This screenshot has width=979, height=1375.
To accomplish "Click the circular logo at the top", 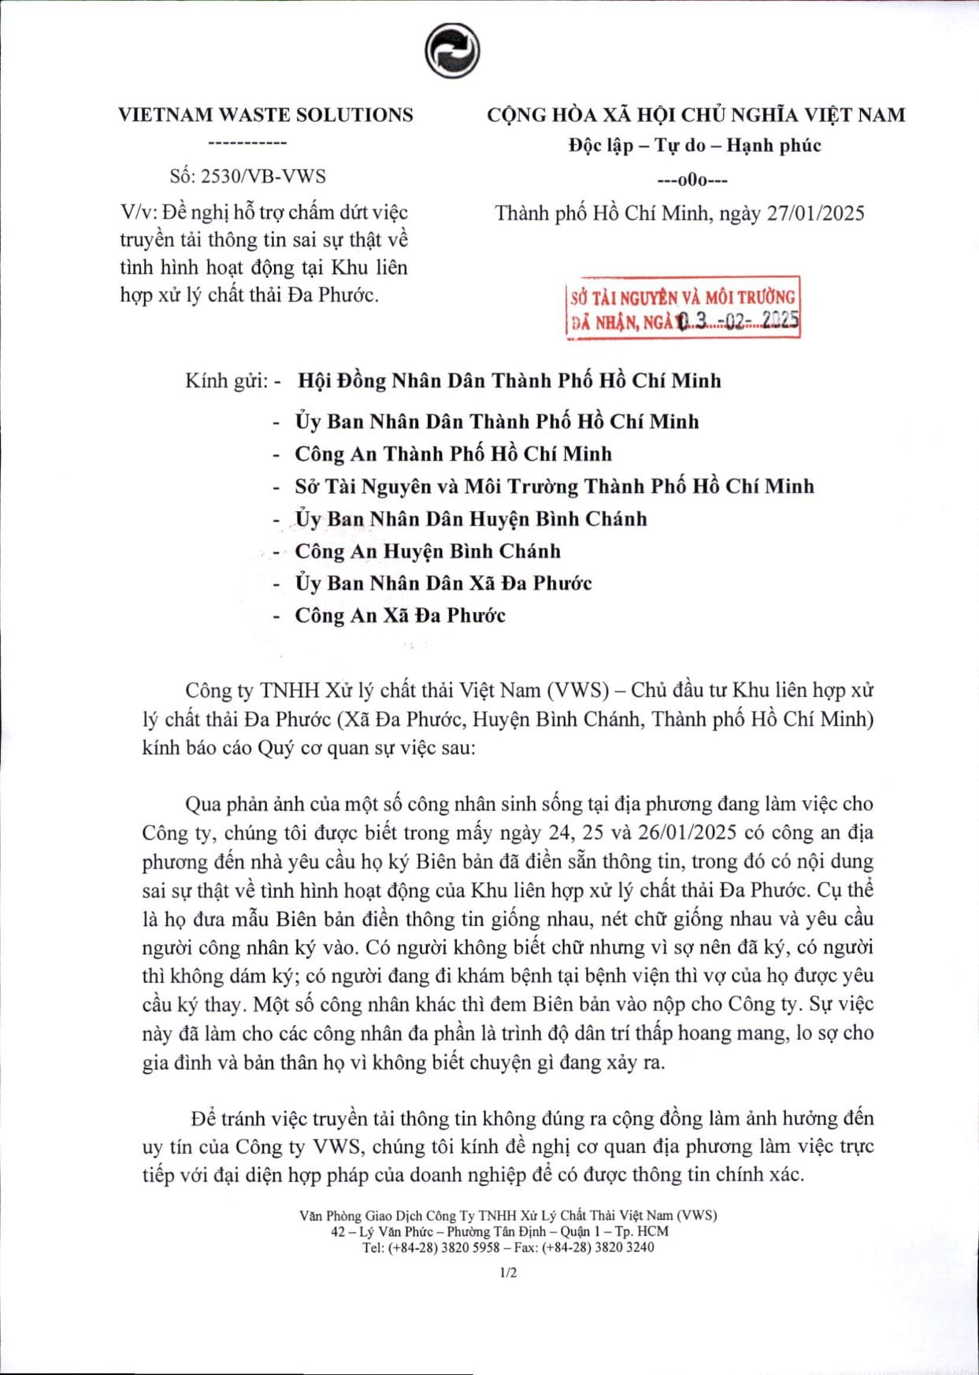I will pos(452,51).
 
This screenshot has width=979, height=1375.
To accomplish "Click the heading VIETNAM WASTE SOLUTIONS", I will pos(265,115).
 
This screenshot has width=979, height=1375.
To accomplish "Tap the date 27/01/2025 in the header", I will pos(815,213).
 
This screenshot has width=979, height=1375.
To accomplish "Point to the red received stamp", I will pos(683,308).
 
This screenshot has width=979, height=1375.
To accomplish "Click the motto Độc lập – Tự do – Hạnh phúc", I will pos(695,146).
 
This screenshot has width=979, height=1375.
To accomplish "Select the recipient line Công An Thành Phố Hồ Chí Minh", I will pos(453,454).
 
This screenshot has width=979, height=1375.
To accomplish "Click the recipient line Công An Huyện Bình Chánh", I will pos(428,551).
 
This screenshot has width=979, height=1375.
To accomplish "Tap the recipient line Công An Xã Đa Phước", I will pos(400,616).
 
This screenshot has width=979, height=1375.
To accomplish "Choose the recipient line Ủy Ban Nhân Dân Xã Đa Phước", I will pos(443,584).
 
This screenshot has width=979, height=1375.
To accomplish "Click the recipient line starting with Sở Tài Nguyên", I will pos(554,487).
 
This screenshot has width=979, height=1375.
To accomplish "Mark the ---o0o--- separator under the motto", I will pos(692,180).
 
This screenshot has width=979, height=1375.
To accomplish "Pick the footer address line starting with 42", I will pos(500,1232).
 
